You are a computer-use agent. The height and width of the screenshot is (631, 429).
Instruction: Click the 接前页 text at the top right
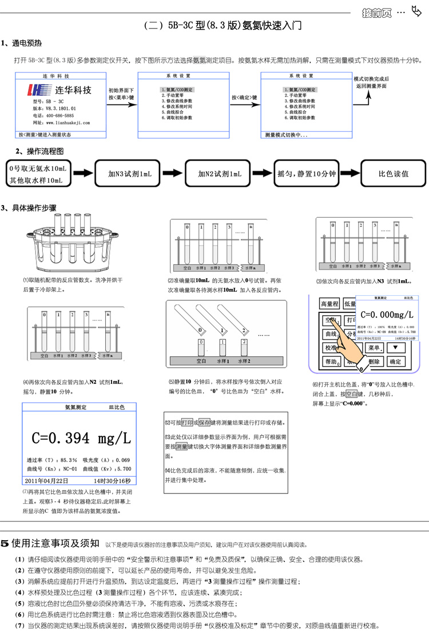pyautogui.click(x=378, y=13)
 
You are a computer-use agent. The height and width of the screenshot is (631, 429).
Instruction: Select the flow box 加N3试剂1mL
pyautogui.click(x=130, y=174)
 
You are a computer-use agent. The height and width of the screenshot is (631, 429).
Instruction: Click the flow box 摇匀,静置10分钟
pyautogui.click(x=306, y=174)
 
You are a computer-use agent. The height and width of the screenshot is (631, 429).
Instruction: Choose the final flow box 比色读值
pyautogui.click(x=394, y=174)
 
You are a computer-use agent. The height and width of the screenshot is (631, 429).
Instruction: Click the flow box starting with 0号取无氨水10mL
pyautogui.click(x=38, y=174)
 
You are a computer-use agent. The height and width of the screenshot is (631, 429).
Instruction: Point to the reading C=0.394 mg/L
pyautogui.click(x=82, y=438)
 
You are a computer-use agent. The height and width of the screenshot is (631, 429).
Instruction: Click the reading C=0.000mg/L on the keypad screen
pyautogui.click(x=387, y=315)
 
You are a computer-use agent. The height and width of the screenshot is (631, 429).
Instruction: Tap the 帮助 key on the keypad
pyautogui.click(x=330, y=361)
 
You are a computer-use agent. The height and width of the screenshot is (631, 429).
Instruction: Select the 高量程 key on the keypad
pyautogui.click(x=330, y=304)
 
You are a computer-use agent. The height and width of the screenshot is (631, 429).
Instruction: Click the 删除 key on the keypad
pyautogui.click(x=372, y=361)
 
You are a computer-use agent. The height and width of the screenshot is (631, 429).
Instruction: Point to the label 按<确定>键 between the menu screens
pyautogui.click(x=244, y=98)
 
